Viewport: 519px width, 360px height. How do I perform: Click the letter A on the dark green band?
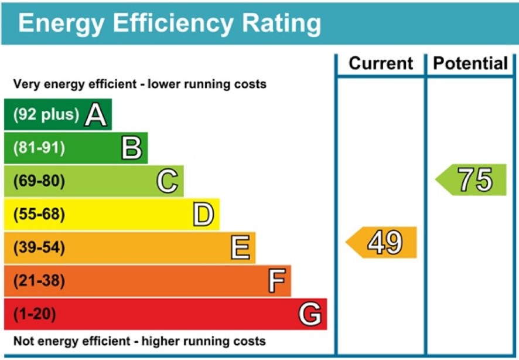coord(96,115)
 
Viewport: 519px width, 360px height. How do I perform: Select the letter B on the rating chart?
coord(132,148)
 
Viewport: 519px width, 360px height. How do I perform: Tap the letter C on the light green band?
coord(168,181)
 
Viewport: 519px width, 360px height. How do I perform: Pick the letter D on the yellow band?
coord(203,215)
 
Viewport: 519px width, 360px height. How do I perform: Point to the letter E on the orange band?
coord(240,248)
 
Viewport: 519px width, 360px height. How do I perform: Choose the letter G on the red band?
coord(310,315)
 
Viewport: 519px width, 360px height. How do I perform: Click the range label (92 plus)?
coord(46,115)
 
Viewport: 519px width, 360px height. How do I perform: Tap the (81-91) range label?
coord(39,148)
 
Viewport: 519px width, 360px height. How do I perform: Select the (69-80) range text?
coord(39,181)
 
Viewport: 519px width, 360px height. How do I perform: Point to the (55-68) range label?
coord(39,215)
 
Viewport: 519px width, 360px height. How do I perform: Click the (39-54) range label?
coord(39,248)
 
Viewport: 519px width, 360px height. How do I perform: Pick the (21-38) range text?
coord(39,281)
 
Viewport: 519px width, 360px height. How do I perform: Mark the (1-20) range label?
coord(35,315)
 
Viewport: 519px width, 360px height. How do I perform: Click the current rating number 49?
coord(385,242)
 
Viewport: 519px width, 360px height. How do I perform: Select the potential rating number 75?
coord(475,180)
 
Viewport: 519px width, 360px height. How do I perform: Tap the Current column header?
coord(381,63)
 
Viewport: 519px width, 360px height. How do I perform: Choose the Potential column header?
coord(471,63)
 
